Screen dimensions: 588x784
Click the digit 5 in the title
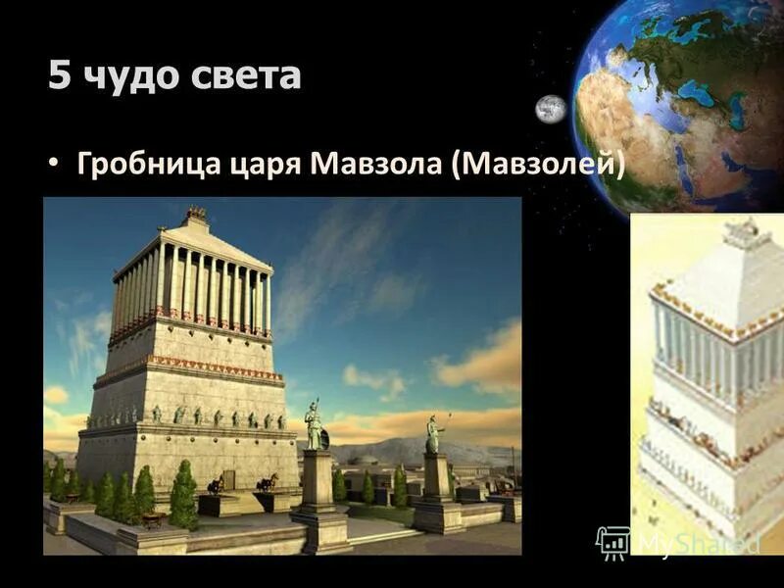60,75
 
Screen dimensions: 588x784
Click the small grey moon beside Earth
551,109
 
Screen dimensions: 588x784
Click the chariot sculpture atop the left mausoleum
197,213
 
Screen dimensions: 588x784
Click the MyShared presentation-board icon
612,542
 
